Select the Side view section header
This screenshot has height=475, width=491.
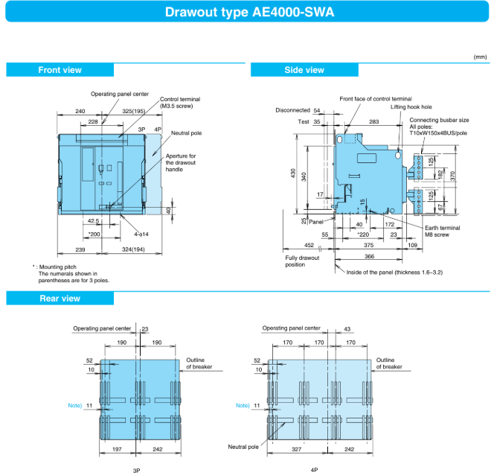click(304, 70)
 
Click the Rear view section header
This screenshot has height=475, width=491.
click(60, 299)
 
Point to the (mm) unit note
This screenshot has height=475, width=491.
click(480, 57)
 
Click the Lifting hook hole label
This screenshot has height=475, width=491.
click(411, 108)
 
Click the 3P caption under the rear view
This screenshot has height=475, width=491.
click(136, 471)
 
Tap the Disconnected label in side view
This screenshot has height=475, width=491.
click(291, 110)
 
